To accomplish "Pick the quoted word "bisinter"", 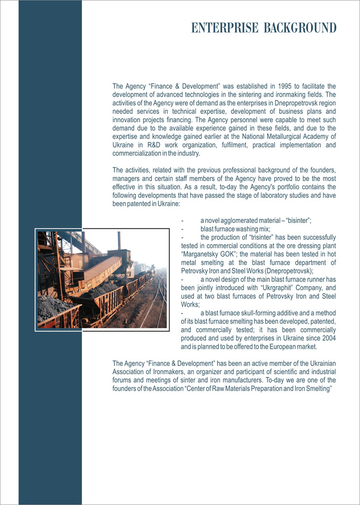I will click(x=297, y=220).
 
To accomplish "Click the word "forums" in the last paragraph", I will click(x=122, y=380).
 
